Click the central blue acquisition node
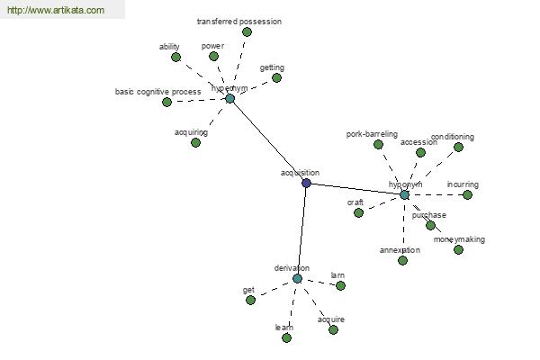pos(306,183)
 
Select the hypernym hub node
pos(229,98)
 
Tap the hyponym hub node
pos(404,194)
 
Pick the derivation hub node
pos(297,278)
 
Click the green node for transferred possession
pos(247,31)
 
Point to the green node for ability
pos(175,57)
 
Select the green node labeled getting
pos(276,77)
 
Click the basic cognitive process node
pos(166,102)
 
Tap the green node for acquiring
pos(195,142)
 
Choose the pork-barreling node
pos(378,144)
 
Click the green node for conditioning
pos(458,147)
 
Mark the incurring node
pos(467,194)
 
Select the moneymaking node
pos(458,249)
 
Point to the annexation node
pos(402,260)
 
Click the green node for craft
pos(358,212)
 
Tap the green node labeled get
pos(250,300)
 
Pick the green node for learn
pos(286,337)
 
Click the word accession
pos(418,142)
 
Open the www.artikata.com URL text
pos(56,11)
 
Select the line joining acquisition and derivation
pos(301,230)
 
